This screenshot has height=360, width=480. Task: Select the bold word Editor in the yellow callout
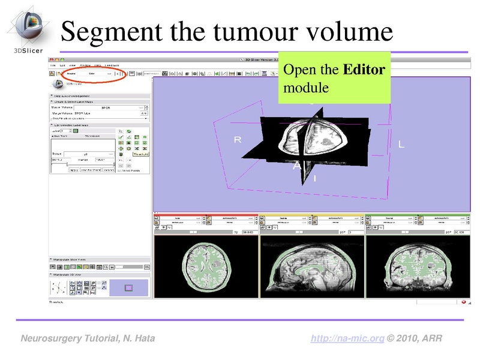[364, 70]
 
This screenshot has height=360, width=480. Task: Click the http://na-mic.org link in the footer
[347, 339]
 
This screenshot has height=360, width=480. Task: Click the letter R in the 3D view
[237, 140]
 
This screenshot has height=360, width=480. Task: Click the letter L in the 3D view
[401, 145]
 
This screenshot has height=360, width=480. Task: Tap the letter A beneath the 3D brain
[296, 166]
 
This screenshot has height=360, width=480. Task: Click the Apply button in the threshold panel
[74, 170]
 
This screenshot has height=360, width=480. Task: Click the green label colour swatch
[76, 131]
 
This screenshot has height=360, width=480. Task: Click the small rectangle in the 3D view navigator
[128, 288]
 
